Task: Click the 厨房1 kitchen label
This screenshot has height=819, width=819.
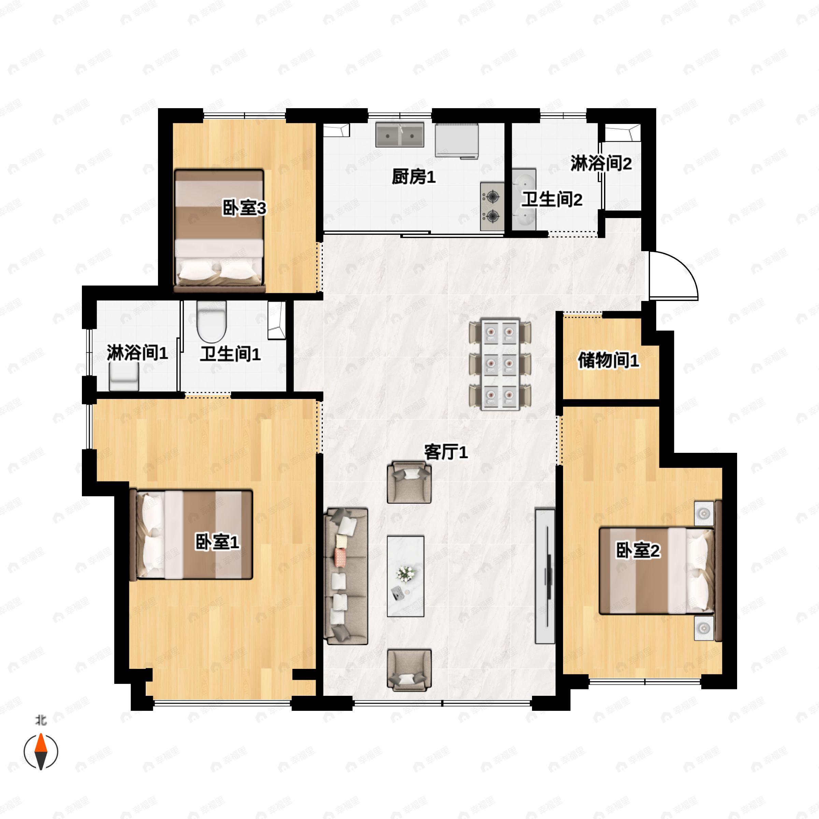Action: tap(413, 176)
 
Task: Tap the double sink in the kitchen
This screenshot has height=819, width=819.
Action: tap(400, 135)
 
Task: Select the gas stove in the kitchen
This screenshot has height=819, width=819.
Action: tap(492, 206)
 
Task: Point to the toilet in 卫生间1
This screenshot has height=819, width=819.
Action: tap(212, 322)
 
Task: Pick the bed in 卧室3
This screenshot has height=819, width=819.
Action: tap(219, 231)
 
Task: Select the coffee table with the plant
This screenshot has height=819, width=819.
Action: tap(405, 576)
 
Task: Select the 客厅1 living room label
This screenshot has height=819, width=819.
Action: tap(446, 452)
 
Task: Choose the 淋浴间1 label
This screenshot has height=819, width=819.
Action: tap(137, 353)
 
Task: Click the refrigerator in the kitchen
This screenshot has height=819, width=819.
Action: tap(457, 141)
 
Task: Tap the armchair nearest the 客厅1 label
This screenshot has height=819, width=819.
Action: tap(409, 482)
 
